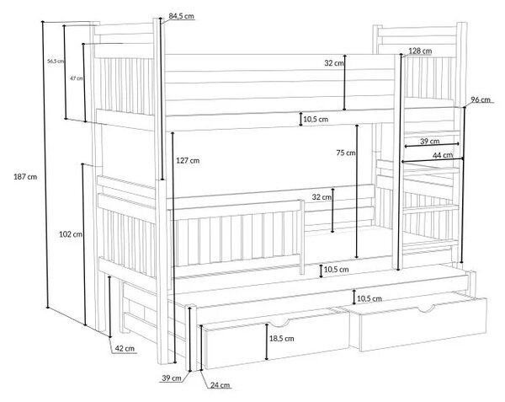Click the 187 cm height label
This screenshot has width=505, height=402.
[x=25, y=177]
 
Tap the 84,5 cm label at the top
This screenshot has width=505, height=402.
[x=181, y=16]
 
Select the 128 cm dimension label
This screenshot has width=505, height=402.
[x=420, y=51]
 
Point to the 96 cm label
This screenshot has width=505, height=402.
[x=481, y=100]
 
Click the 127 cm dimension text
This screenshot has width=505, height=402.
[x=188, y=160]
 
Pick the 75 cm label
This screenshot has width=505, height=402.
[x=346, y=153]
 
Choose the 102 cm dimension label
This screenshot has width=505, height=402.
[x=71, y=234]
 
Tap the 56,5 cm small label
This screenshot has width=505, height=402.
[x=56, y=61]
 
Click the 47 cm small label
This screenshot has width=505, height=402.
[x=77, y=78]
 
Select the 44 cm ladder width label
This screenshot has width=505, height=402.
[x=443, y=155]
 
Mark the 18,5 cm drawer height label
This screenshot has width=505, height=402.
[x=281, y=339]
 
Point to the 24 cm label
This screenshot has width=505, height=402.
[x=220, y=385]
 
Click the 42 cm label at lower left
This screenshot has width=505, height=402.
[x=125, y=349]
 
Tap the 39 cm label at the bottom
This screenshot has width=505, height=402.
[x=172, y=378]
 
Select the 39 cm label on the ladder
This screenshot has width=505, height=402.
[x=429, y=142]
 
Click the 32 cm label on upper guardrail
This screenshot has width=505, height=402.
[x=334, y=63]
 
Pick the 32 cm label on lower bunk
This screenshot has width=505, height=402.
[x=322, y=197]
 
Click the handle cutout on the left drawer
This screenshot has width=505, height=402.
[x=279, y=323]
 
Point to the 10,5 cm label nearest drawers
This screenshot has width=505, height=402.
[x=369, y=299]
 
